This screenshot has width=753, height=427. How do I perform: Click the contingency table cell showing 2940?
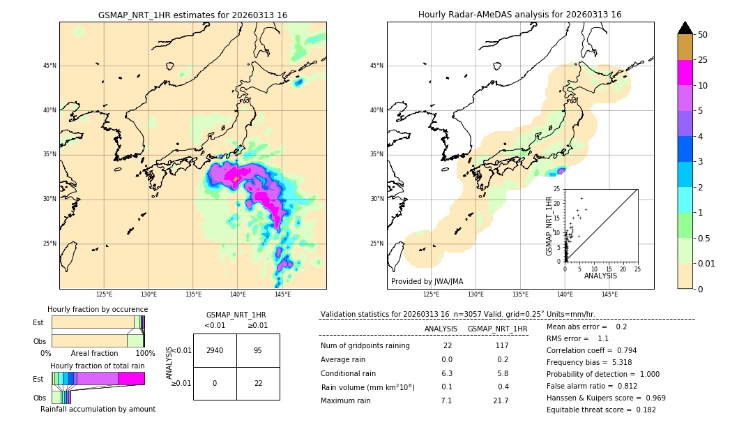(215, 350)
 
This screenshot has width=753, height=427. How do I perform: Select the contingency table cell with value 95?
(258, 350)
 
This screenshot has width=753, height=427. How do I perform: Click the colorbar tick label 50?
(703, 35)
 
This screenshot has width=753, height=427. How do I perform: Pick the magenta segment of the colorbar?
(685, 73)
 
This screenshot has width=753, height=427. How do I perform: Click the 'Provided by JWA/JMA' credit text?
(427, 282)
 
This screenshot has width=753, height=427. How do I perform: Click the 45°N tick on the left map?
(50, 66)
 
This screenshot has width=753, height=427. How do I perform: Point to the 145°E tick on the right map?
(609, 294)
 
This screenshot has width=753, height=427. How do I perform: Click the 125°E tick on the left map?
(104, 294)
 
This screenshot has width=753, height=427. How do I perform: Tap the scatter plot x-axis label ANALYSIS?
(600, 276)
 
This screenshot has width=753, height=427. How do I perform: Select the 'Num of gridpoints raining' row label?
(365, 346)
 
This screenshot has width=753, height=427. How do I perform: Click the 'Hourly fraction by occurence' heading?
(98, 309)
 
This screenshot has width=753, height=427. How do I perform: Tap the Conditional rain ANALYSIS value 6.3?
(447, 373)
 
